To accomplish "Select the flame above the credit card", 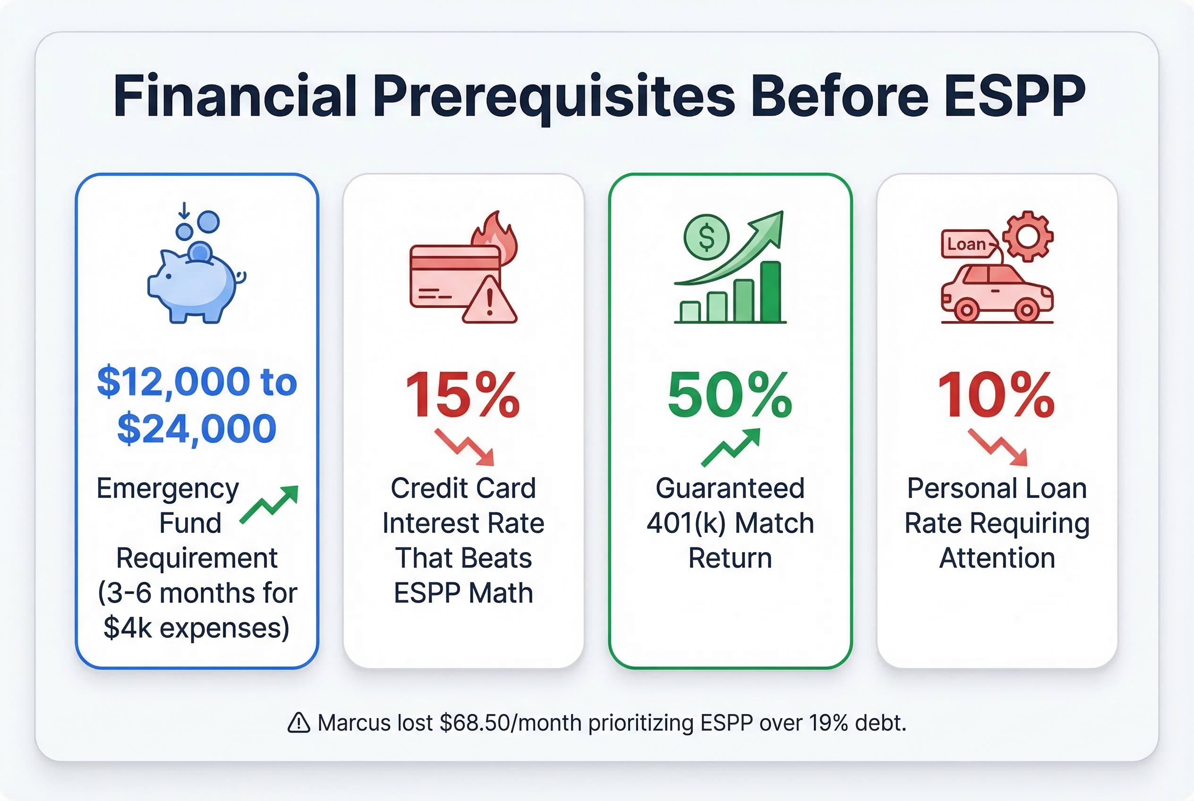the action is [495, 238].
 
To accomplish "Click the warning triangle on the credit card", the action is [489, 301].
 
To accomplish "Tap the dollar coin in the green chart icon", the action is [706, 237].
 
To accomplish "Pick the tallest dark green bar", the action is [770, 292].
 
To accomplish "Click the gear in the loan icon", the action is [1027, 236].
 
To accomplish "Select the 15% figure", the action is [463, 394].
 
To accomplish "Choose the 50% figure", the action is [730, 394].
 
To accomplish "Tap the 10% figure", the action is [997, 394].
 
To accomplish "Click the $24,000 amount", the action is [196, 428].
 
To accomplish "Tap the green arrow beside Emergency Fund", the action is [269, 505].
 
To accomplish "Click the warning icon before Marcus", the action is [299, 723].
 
